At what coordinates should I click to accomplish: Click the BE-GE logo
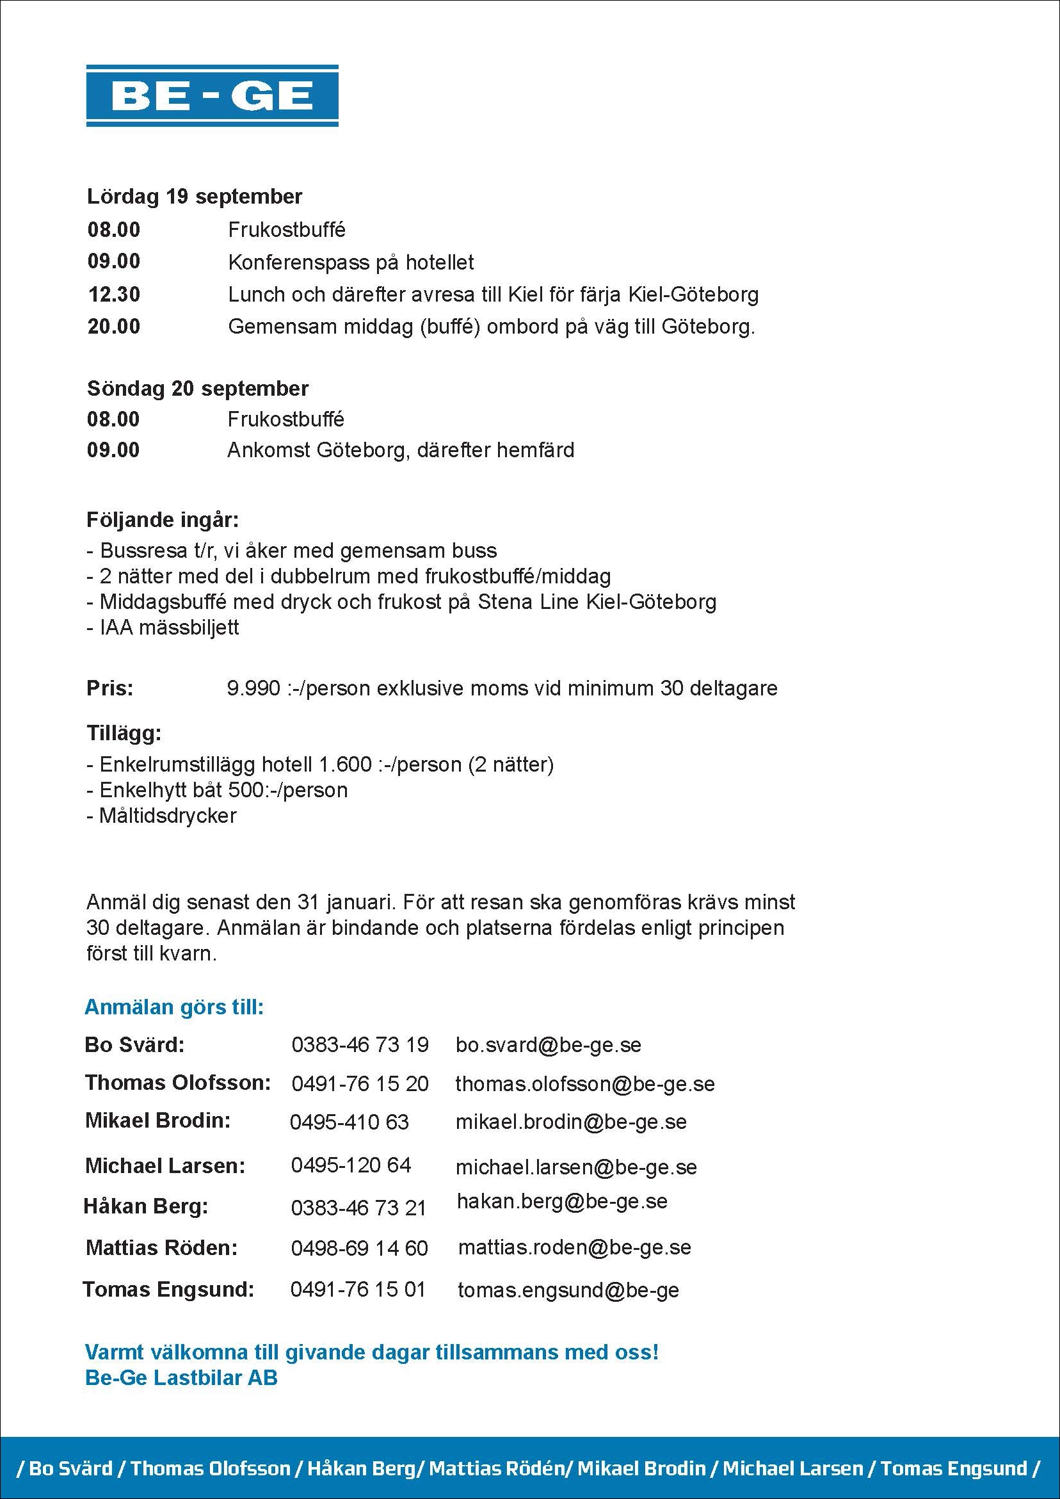click(212, 95)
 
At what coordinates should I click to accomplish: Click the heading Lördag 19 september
click(195, 197)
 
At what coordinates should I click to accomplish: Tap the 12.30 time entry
click(114, 295)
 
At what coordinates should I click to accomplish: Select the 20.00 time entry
click(114, 327)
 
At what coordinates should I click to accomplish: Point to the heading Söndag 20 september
click(197, 389)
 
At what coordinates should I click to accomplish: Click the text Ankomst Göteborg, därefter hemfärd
click(400, 451)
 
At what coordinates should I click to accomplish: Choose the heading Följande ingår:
click(163, 520)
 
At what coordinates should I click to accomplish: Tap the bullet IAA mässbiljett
click(168, 628)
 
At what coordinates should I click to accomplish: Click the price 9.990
click(253, 688)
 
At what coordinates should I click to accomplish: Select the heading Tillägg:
click(124, 733)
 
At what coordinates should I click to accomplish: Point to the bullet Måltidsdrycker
click(167, 815)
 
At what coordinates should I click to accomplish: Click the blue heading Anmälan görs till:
click(174, 1007)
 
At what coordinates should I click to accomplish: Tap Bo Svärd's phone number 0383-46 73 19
click(360, 1044)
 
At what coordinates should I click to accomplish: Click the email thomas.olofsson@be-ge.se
click(585, 1084)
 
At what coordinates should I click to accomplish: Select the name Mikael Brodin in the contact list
click(158, 1121)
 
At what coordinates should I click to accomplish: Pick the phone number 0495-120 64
click(351, 1165)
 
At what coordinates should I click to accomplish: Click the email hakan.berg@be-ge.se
click(562, 1201)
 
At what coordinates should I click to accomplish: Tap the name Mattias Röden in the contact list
click(161, 1247)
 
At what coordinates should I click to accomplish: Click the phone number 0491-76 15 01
click(358, 1289)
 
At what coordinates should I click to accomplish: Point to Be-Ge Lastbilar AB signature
click(181, 1377)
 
